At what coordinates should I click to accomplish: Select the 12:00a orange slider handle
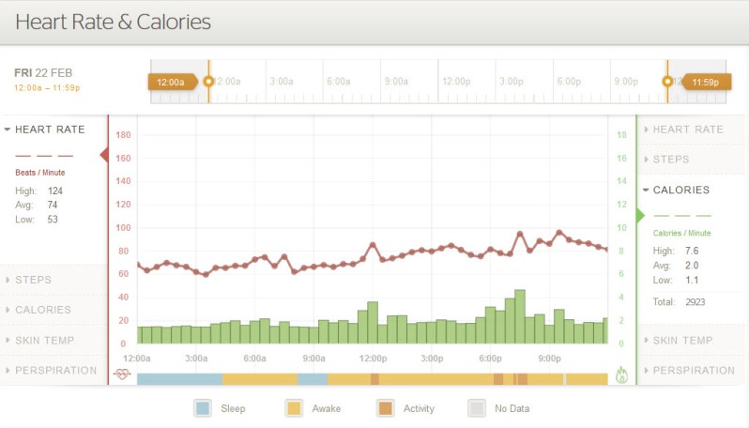(x=172, y=83)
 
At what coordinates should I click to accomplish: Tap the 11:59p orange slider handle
(x=705, y=83)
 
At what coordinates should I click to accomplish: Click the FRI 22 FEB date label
(x=43, y=72)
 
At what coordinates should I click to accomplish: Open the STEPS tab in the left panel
(x=33, y=280)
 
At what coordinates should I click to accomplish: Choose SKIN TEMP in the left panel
(x=44, y=340)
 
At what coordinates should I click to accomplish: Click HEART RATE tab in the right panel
(x=687, y=130)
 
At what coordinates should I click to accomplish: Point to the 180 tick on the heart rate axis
(x=123, y=135)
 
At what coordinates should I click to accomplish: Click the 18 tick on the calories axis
(x=620, y=135)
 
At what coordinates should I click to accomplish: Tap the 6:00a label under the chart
(x=255, y=359)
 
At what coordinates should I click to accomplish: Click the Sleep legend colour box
(x=203, y=408)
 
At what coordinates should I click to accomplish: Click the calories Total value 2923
(x=695, y=301)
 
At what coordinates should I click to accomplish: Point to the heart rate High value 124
(x=55, y=191)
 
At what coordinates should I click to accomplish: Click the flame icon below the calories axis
(x=621, y=375)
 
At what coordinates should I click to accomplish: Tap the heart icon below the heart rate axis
(x=122, y=374)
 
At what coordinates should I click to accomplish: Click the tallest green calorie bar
(x=520, y=317)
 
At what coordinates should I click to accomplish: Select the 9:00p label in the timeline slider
(x=626, y=82)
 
